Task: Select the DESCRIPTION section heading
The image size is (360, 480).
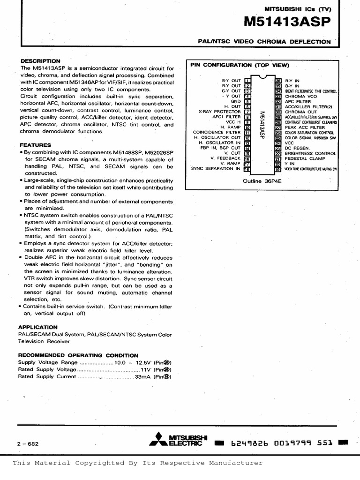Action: point(40,61)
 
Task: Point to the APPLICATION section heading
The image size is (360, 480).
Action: point(37,327)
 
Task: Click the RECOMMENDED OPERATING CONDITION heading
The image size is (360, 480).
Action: point(78,355)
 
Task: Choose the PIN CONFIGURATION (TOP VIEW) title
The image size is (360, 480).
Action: point(240,65)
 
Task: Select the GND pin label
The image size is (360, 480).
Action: point(235,101)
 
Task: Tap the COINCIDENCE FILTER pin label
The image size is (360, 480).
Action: point(216,133)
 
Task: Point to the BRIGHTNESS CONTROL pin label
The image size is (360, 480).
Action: point(310,153)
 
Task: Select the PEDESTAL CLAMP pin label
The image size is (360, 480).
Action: point(305,158)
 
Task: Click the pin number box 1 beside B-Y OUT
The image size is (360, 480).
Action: point(247,81)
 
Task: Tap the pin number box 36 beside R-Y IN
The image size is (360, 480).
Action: point(278,81)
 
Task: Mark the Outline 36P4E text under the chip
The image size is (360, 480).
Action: point(262,180)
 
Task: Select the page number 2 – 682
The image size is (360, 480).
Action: point(27,443)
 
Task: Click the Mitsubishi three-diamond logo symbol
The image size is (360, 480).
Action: point(158,441)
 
